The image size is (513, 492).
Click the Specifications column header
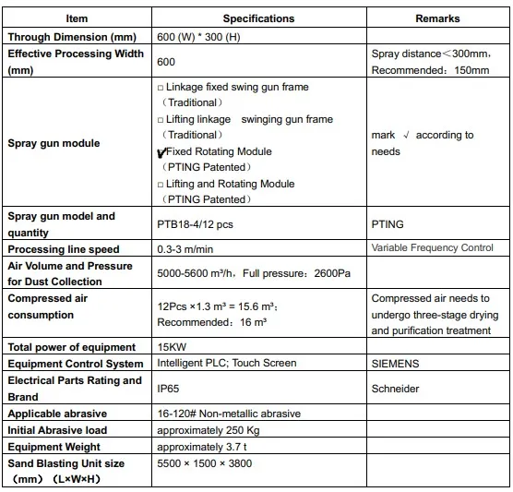(258, 18)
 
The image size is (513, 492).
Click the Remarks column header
(437, 18)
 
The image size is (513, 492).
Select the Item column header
(78, 18)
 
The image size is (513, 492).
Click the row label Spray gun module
(54, 143)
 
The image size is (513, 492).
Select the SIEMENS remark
(393, 364)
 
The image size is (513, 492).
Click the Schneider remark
(395, 389)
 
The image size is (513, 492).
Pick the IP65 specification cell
(168, 389)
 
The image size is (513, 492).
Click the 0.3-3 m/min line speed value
(190, 248)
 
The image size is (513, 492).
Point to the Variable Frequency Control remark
(433, 248)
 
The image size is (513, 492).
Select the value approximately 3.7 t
(203, 447)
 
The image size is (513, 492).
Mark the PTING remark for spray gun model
(388, 224)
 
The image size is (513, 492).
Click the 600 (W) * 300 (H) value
(200, 36)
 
